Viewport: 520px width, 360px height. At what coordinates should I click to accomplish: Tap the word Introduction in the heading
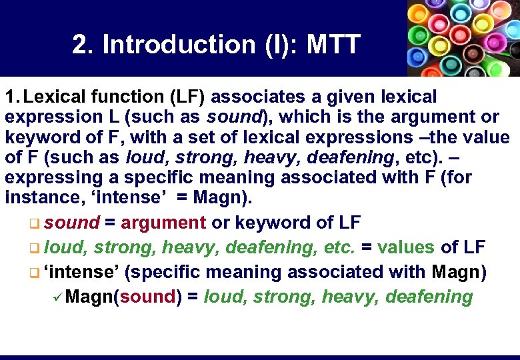coord(177,45)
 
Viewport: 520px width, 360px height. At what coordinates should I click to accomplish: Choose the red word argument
coord(163,223)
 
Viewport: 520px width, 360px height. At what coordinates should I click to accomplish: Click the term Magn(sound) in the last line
coord(124,297)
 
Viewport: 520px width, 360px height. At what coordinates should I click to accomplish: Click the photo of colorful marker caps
coord(463,38)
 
